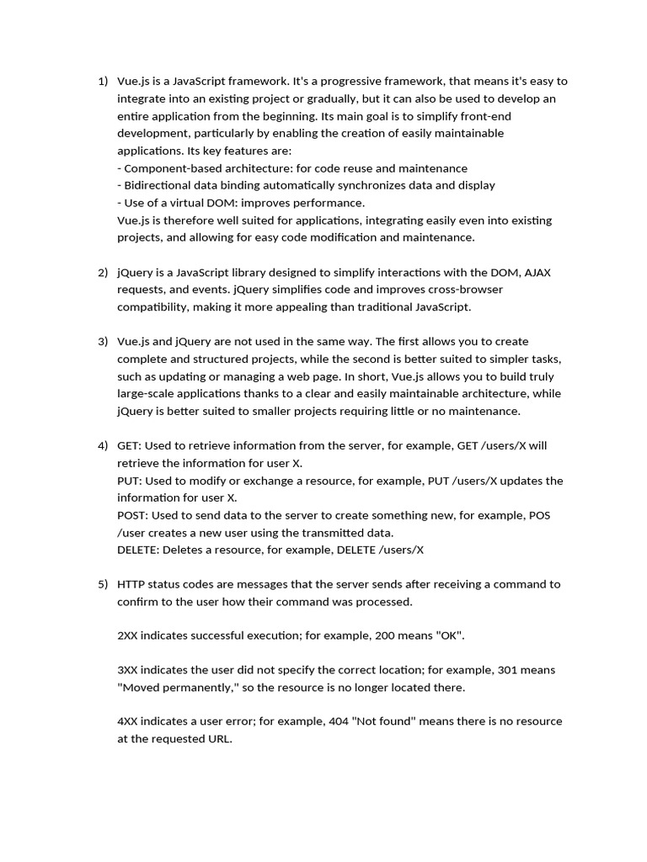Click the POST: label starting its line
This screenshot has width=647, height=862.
pyautogui.click(x=135, y=515)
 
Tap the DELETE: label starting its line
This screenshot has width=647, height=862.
pyautogui.click(x=138, y=550)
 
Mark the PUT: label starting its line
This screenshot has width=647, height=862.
pyautogui.click(x=131, y=481)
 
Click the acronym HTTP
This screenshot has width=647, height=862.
pyautogui.click(x=132, y=584)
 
